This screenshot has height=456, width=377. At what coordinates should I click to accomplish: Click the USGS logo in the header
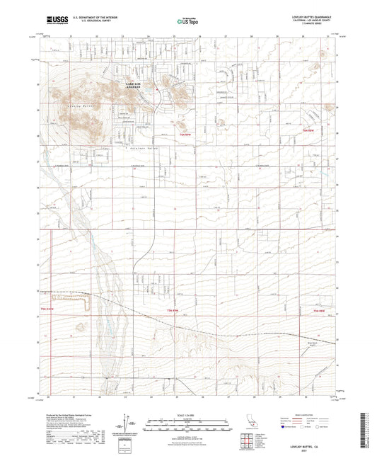point(53,20)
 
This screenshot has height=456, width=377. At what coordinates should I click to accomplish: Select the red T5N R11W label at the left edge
point(47,309)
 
